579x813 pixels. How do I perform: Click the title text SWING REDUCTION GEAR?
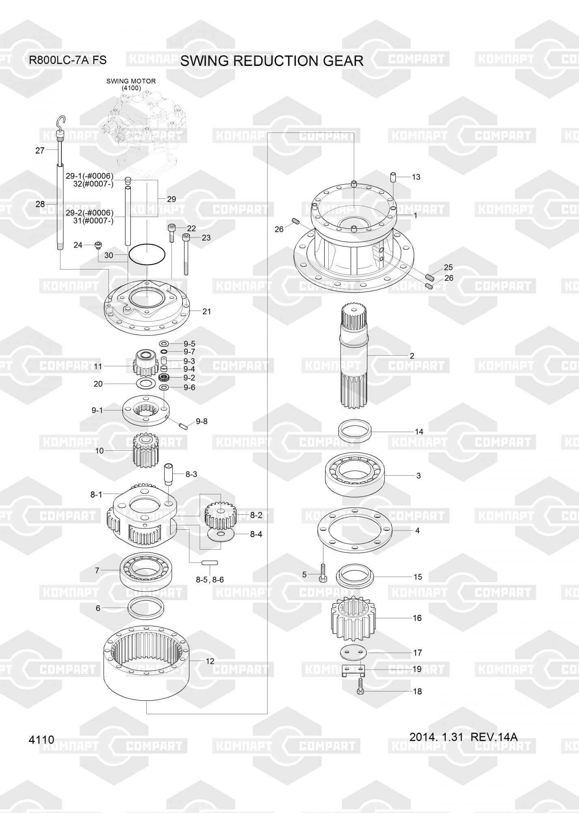[272, 61]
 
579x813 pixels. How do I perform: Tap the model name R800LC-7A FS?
[67, 60]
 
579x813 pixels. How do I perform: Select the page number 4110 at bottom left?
[41, 739]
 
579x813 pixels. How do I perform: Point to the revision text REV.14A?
[494, 737]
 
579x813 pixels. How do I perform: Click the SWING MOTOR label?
[131, 81]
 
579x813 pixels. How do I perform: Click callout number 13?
[416, 177]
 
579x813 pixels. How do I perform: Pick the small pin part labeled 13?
[393, 178]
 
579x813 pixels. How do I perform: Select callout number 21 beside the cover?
[207, 311]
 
